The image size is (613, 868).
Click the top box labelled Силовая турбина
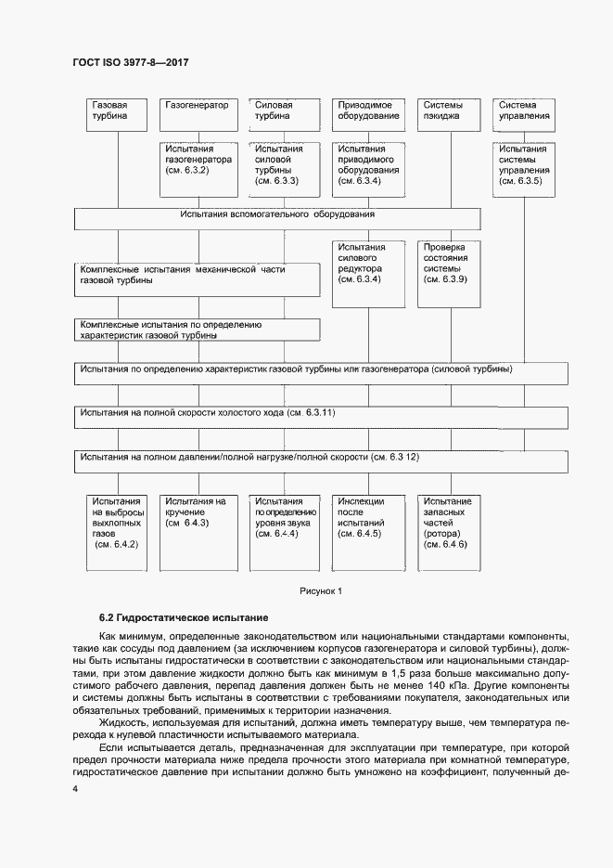(x=280, y=111)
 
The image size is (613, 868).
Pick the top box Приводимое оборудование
(x=368, y=111)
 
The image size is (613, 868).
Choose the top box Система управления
(x=526, y=111)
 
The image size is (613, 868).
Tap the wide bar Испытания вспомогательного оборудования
(x=277, y=218)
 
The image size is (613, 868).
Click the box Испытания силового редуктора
(x=368, y=273)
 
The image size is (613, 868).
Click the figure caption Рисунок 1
(x=321, y=590)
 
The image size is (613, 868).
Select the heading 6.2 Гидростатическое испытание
(x=184, y=617)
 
